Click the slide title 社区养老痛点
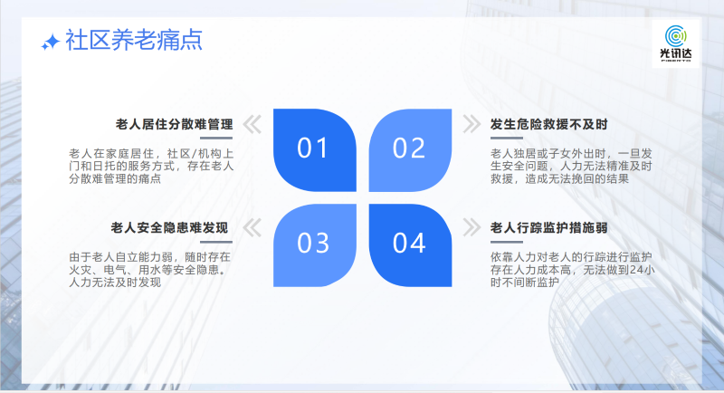[x=134, y=40]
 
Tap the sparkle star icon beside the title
[x=51, y=42]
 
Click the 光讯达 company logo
[x=675, y=43]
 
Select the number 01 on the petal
[x=312, y=149]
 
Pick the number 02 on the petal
[x=409, y=149]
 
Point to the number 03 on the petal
[x=313, y=243]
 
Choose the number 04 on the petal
[x=409, y=243]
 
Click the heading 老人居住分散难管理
[x=174, y=124]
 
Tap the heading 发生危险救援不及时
[x=549, y=124]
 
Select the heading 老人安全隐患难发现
[x=169, y=227]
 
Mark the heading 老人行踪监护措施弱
[x=549, y=227]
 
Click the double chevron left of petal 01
[x=252, y=124]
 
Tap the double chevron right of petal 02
[x=472, y=124]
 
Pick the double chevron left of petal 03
[x=252, y=227]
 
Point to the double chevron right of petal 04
[x=472, y=227]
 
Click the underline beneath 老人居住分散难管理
[x=216, y=138]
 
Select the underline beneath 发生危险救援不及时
[x=507, y=138]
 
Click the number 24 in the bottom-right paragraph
[x=636, y=270]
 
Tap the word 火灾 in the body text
[x=81, y=270]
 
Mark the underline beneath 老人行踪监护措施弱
[x=507, y=242]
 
